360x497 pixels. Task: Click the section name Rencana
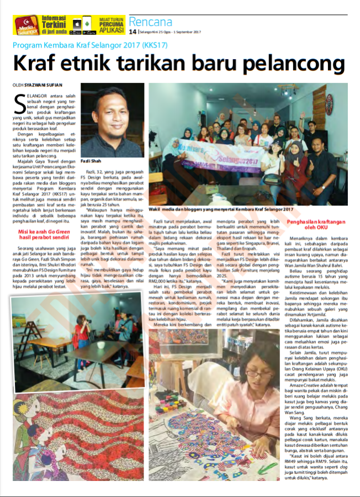[x=150, y=22]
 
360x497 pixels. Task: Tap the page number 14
[x=133, y=32]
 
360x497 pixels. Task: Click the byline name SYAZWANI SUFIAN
[x=46, y=84]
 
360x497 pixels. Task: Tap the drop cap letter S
[x=18, y=102]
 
